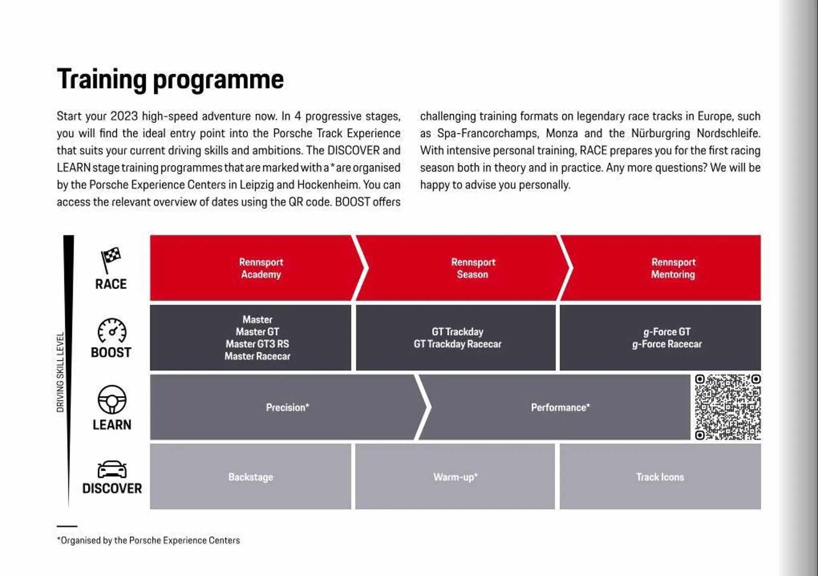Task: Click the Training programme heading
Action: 170,80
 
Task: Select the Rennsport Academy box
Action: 260,268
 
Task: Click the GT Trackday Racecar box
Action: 457,344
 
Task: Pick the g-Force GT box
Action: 666,332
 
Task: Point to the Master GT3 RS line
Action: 257,344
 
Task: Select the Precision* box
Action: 287,407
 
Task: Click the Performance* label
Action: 560,407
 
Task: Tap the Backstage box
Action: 251,477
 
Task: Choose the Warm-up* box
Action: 455,477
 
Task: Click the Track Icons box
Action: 660,477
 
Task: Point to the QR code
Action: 727,407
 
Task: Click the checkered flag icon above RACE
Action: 110,259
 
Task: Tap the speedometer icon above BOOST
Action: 112,331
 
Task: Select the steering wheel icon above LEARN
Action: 112,400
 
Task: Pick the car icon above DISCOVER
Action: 112,469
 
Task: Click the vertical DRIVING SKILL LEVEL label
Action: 60,372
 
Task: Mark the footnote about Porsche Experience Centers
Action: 148,540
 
